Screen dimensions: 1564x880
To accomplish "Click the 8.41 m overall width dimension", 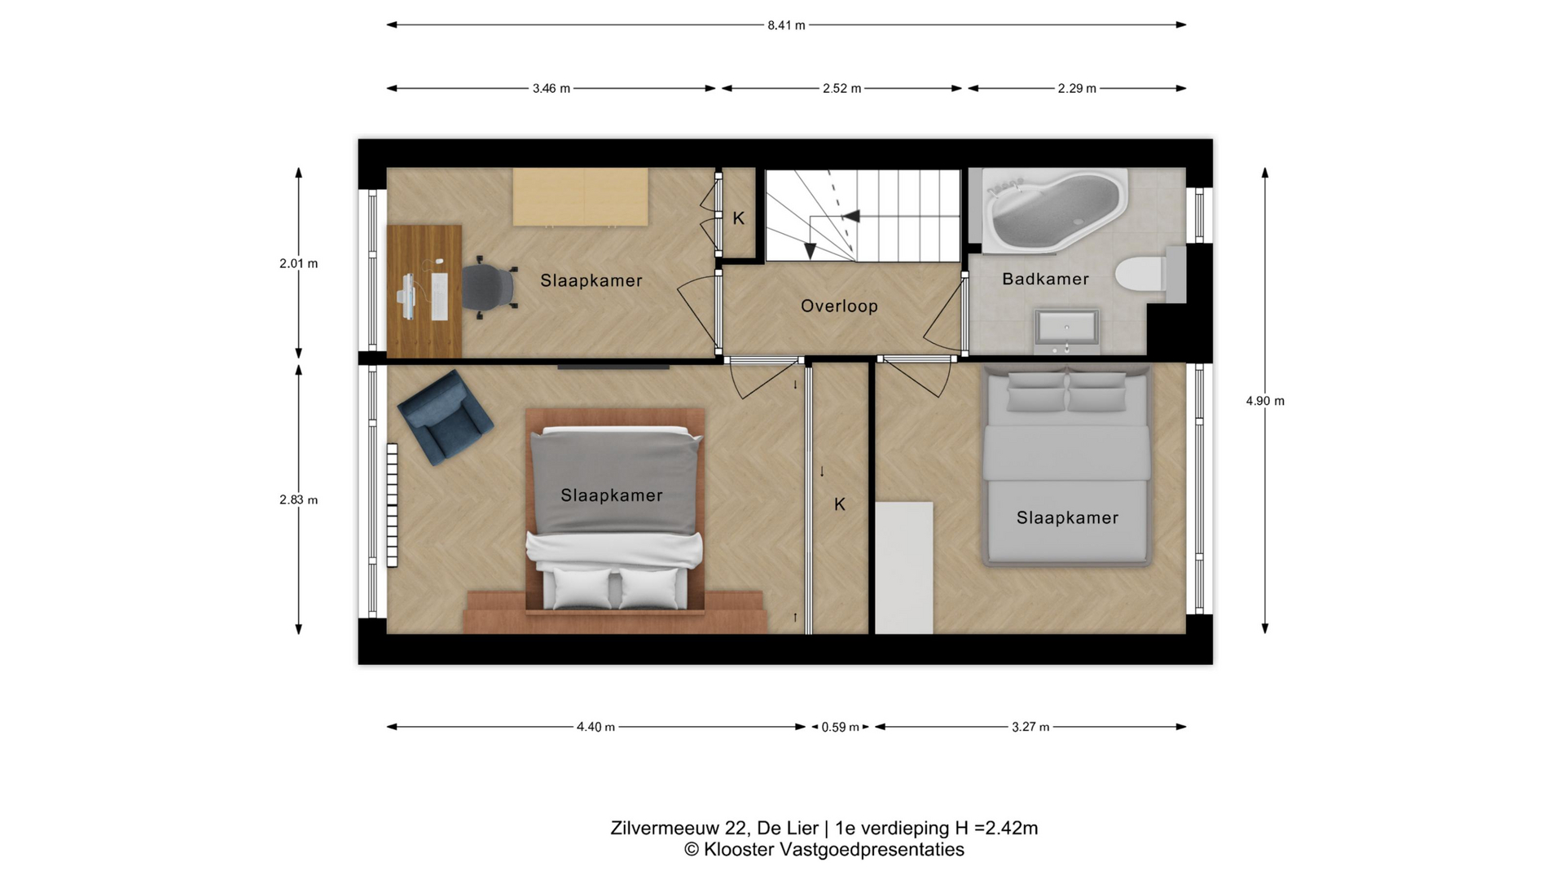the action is (x=786, y=25).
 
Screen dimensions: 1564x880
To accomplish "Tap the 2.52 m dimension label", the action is (x=841, y=89).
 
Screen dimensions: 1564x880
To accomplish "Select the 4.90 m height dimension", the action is (x=1265, y=401).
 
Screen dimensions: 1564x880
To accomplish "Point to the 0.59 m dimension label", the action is (x=840, y=728).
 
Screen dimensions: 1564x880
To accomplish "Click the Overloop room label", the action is (x=839, y=306).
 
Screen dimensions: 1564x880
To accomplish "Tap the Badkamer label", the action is (x=1045, y=279).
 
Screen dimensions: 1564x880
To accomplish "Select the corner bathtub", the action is (x=1055, y=209).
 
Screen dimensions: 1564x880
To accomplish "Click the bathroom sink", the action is (x=1066, y=329).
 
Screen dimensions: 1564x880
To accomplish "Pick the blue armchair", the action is (x=446, y=417).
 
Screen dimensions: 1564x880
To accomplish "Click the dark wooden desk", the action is (x=424, y=291).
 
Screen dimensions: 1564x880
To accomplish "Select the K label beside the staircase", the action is (x=739, y=218).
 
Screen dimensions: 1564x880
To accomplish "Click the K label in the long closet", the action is (x=840, y=505).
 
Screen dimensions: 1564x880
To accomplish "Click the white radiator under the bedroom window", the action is (x=392, y=505).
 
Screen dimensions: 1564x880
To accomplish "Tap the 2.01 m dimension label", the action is (x=299, y=264).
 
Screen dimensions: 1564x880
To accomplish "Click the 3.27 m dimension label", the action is (x=1030, y=728).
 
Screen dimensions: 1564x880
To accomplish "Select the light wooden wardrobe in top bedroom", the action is (x=581, y=197).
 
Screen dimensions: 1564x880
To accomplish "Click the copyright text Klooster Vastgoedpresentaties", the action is (x=824, y=850).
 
